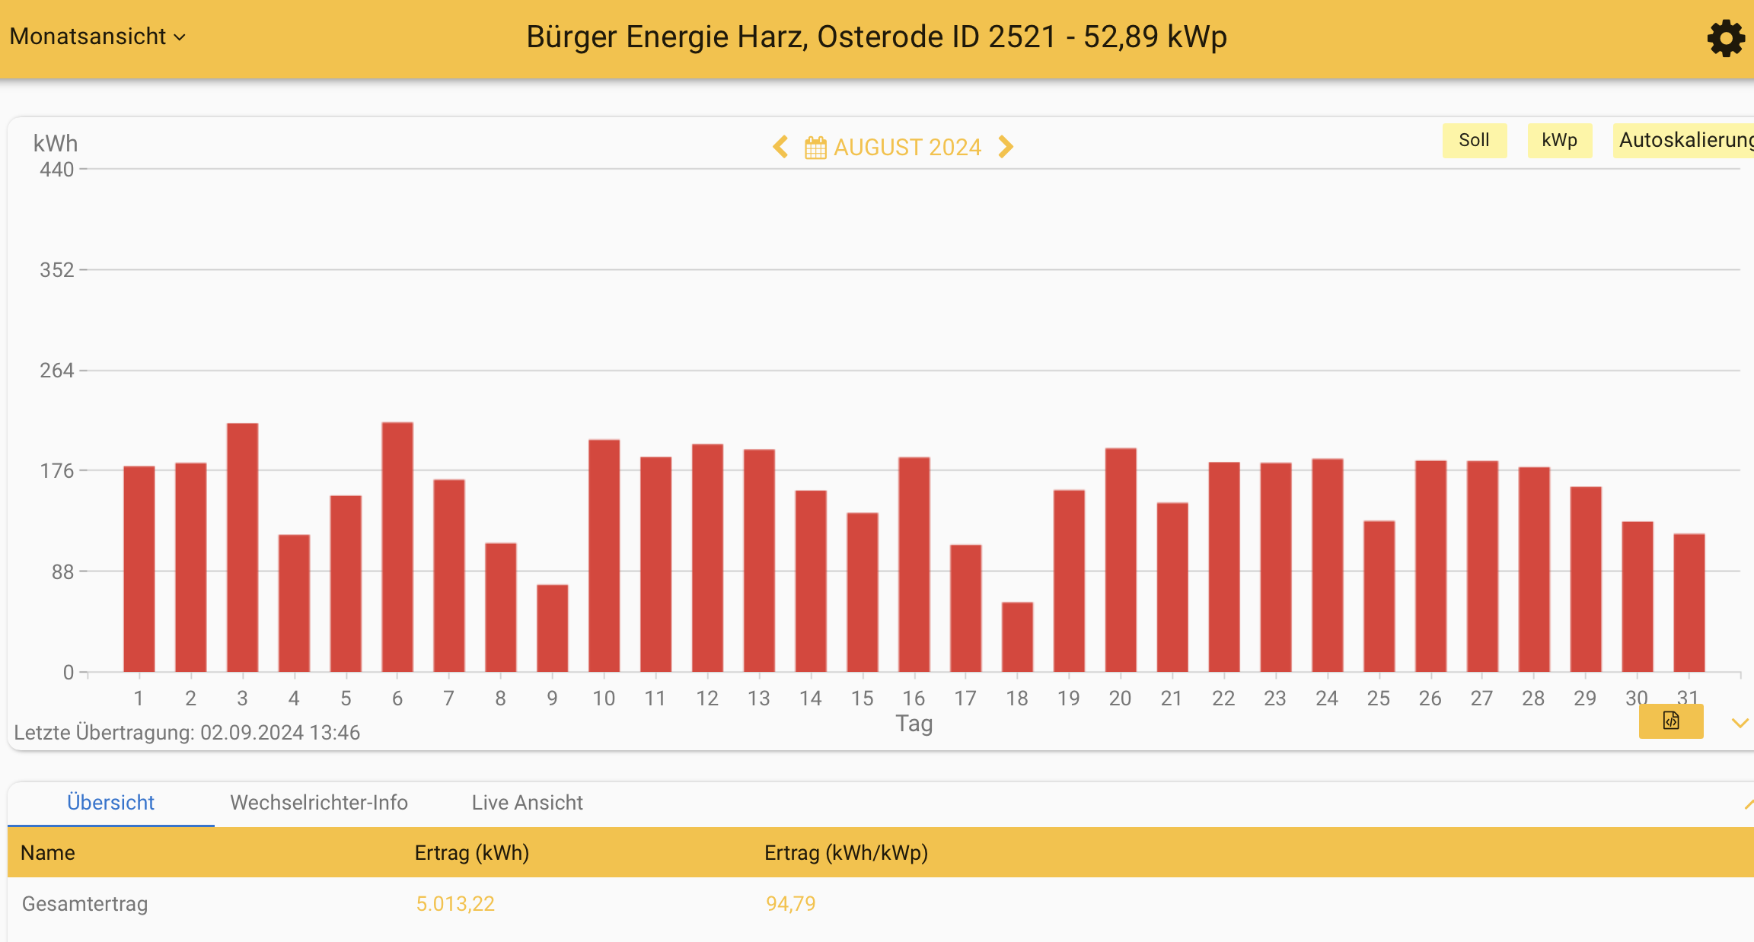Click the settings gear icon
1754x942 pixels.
[1725, 38]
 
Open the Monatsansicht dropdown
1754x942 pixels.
[97, 37]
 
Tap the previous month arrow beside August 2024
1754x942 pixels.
[780, 147]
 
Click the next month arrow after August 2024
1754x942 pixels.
[1006, 147]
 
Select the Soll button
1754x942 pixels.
[1474, 141]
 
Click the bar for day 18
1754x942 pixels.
[1017, 638]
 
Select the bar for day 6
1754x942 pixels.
[397, 548]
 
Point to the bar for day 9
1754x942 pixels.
[553, 629]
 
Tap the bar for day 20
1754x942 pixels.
[1121, 561]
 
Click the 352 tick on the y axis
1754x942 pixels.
[57, 270]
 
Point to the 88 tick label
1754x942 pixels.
[62, 571]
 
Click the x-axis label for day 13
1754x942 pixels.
[759, 699]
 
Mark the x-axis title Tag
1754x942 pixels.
[914, 723]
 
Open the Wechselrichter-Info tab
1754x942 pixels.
[319, 803]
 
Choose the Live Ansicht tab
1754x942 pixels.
[527, 803]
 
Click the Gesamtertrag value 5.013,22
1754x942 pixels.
[455, 904]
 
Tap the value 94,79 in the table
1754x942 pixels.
[790, 904]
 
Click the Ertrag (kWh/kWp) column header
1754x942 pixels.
[846, 853]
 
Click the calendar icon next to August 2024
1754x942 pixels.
[815, 148]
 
